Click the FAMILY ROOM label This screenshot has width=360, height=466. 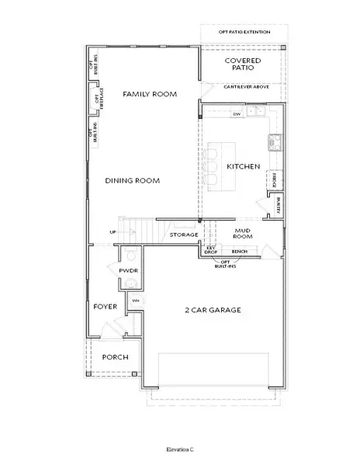[x=150, y=94]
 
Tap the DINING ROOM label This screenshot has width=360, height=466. [x=133, y=180]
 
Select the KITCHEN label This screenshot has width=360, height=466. [x=242, y=166]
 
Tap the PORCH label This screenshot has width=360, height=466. [x=115, y=356]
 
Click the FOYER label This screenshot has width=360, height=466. [x=105, y=306]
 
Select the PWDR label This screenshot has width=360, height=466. [x=128, y=270]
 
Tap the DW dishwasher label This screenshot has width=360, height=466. [x=237, y=114]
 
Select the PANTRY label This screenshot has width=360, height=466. [x=278, y=206]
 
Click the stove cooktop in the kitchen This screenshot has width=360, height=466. [x=274, y=141]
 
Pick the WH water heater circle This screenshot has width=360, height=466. [x=135, y=301]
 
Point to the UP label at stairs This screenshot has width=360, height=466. [x=113, y=231]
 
